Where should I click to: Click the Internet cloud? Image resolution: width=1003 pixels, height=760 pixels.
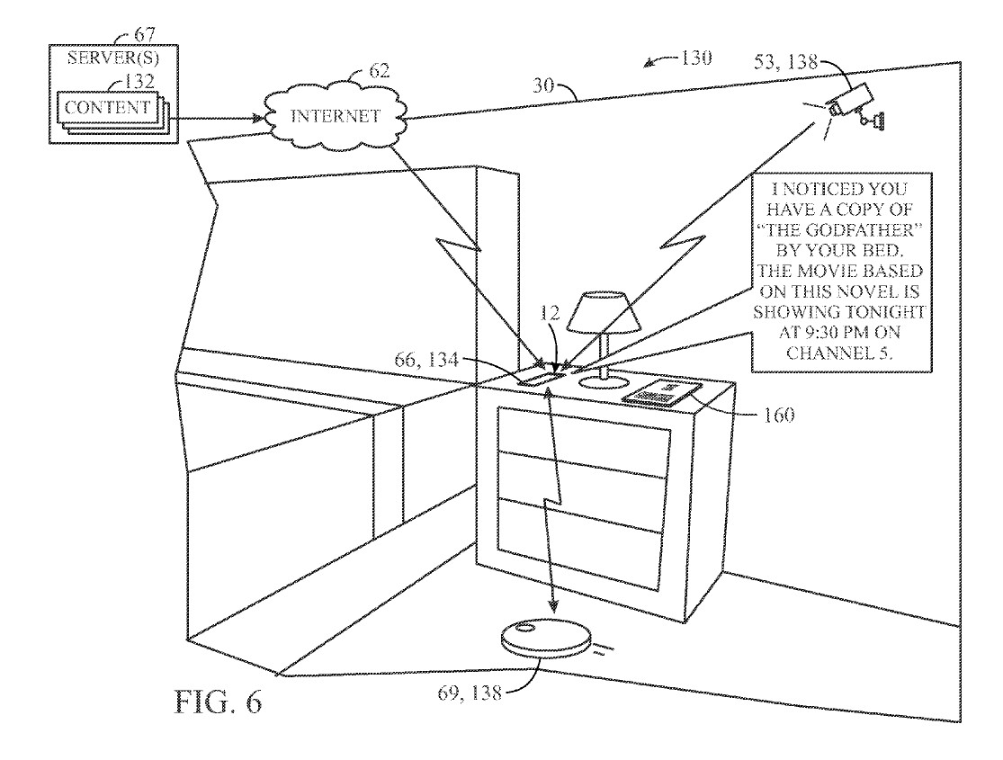pos(336,116)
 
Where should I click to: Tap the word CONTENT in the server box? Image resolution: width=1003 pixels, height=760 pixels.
pos(107,107)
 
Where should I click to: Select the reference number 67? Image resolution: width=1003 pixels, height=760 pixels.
pos(144,34)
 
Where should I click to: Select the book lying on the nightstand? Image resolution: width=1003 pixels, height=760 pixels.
pos(661,392)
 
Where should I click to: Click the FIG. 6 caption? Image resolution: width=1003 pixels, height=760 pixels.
pos(218,702)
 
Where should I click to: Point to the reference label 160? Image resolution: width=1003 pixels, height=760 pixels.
pos(778,416)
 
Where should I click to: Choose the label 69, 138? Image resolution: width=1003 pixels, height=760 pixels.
pos(469,693)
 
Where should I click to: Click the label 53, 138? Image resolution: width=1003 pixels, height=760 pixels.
pos(785,61)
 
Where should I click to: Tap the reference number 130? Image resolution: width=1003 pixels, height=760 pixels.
pos(695,58)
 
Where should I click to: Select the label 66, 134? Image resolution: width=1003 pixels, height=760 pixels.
pos(426,360)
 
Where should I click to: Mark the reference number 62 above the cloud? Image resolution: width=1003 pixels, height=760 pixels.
pos(380,70)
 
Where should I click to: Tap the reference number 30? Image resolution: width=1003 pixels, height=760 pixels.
pos(542,85)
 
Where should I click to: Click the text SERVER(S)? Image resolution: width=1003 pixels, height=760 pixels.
pos(113,58)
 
